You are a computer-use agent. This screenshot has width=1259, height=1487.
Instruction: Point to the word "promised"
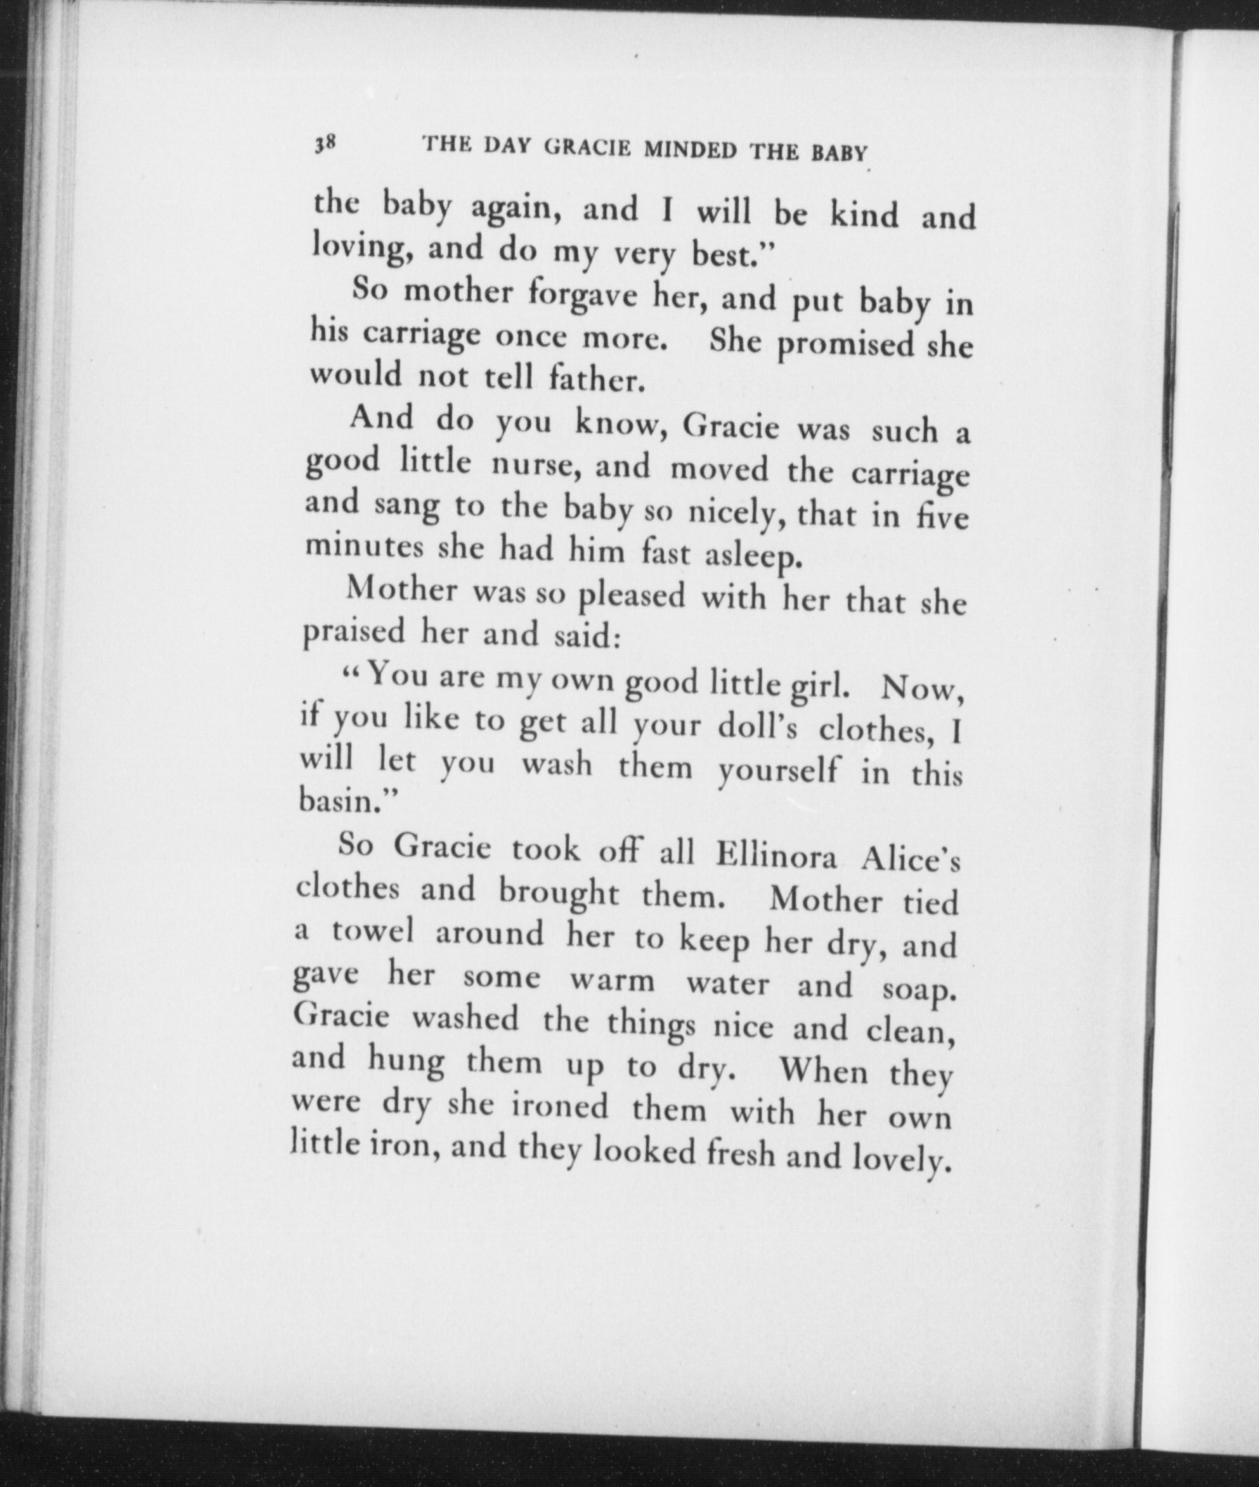tap(846, 345)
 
